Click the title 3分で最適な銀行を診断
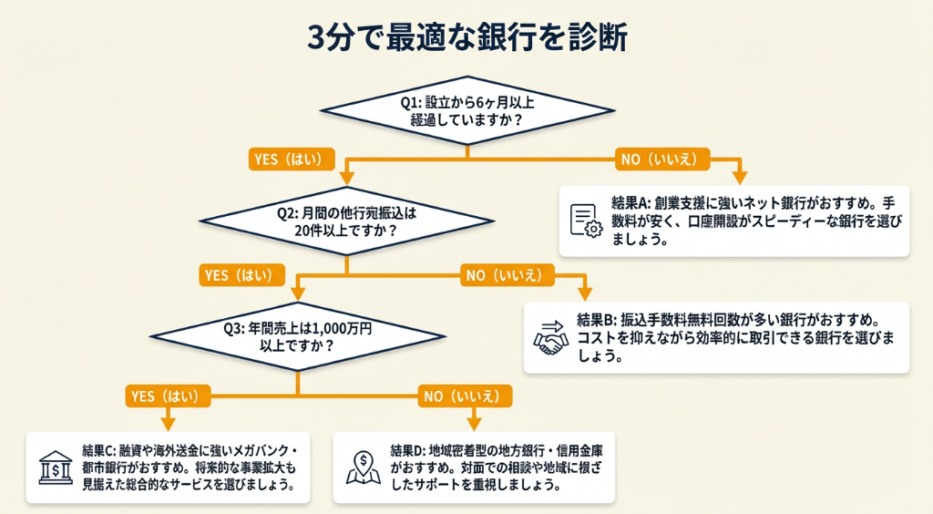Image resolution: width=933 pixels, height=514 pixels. click(x=466, y=38)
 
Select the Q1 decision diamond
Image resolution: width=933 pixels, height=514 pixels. click(x=467, y=110)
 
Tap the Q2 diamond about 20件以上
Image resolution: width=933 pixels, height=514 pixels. click(x=347, y=220)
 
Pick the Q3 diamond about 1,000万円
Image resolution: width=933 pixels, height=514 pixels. click(x=298, y=337)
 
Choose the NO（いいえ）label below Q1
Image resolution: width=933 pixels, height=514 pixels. click(x=664, y=159)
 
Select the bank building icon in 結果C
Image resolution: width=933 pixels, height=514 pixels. click(x=55, y=468)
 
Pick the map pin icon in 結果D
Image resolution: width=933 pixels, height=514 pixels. click(x=363, y=468)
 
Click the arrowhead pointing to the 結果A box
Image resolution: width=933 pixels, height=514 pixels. click(x=739, y=177)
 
